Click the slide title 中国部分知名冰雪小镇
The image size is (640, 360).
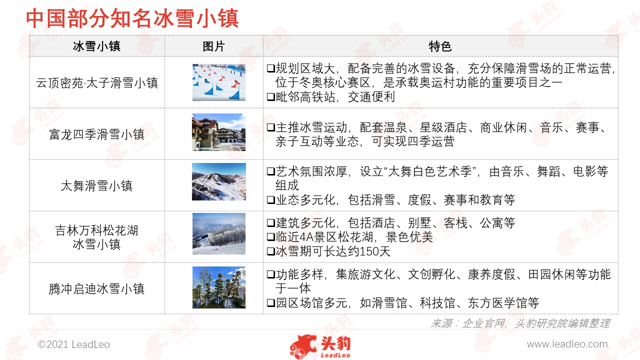(132, 18)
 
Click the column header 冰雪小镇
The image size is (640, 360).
(96, 46)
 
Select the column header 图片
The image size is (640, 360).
(213, 46)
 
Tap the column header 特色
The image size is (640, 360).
(440, 46)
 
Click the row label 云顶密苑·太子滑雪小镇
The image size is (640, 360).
(97, 83)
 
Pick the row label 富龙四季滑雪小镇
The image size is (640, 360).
(97, 134)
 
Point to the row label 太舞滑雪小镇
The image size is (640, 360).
(97, 185)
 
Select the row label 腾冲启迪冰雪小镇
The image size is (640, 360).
(97, 288)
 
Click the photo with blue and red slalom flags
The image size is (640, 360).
(219, 82)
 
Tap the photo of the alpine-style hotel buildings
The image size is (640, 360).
(219, 132)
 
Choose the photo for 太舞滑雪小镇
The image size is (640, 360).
(219, 181)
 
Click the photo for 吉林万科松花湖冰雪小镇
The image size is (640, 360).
(219, 233)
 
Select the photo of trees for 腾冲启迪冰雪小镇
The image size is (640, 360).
(219, 287)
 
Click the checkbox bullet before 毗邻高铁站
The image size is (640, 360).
(271, 97)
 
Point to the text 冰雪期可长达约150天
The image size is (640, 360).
(333, 251)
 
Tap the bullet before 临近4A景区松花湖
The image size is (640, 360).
(271, 237)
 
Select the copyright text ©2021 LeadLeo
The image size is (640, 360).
(73, 344)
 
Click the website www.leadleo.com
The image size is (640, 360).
(567, 344)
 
